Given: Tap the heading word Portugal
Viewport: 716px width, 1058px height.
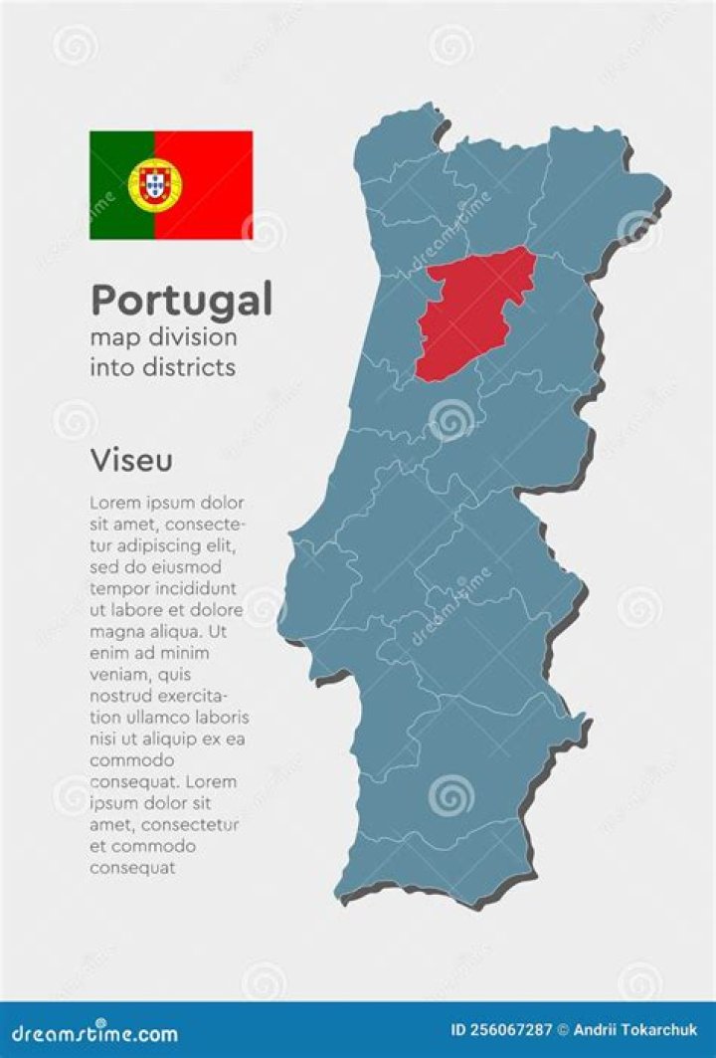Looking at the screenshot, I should pos(181,300).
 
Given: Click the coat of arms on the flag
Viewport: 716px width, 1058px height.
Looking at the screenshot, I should pos(154,184).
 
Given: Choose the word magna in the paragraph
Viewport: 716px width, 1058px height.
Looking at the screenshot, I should pos(115,632).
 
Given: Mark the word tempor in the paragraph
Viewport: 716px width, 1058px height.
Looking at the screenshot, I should pos(115,588).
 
